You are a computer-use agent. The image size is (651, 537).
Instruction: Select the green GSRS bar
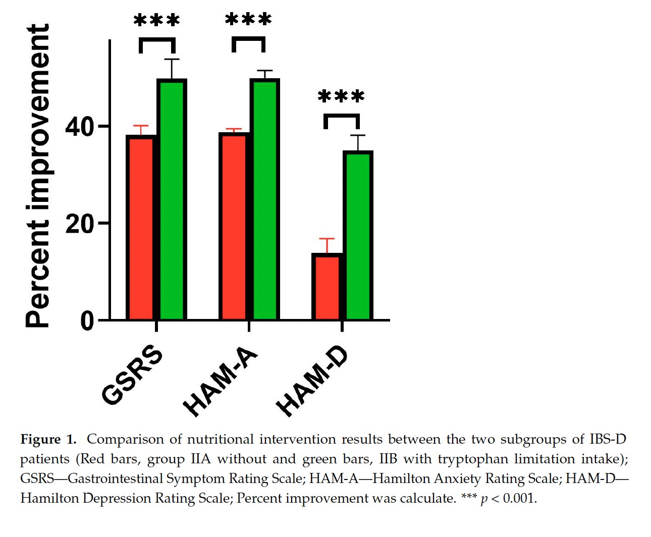[172, 199]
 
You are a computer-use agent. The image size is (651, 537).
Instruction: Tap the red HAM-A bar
[234, 226]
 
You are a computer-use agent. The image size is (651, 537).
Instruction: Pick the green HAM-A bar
[265, 199]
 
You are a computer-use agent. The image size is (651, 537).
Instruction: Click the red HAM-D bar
[327, 286]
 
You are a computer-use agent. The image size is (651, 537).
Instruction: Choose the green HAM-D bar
[358, 235]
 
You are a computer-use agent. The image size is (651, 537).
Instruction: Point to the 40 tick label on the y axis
[79, 127]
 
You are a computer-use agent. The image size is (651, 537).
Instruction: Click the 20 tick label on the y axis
[79, 224]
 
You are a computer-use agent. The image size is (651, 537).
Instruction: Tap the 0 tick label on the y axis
[87, 321]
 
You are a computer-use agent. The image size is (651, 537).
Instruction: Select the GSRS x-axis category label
[132, 375]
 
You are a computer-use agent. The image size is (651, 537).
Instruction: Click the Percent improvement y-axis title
[37, 176]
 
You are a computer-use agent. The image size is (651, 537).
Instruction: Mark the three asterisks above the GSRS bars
[156, 20]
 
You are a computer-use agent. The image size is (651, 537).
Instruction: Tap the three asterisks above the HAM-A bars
[248, 19]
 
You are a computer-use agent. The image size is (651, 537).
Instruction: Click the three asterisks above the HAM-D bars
[341, 96]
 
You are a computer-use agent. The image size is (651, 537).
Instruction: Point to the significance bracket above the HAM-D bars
[342, 115]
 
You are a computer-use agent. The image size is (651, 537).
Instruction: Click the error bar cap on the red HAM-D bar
[327, 239]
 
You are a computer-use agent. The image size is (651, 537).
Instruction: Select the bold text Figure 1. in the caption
[48, 440]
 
